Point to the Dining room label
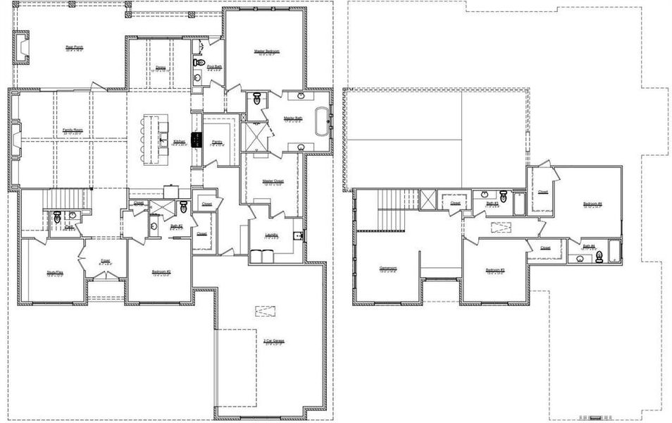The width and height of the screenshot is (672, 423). (161, 68)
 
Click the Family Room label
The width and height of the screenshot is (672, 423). (73, 130)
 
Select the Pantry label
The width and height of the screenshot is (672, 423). (217, 142)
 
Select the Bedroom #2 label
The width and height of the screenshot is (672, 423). (162, 271)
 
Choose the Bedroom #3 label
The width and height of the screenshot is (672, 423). (494, 270)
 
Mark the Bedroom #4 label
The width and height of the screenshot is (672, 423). (592, 204)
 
